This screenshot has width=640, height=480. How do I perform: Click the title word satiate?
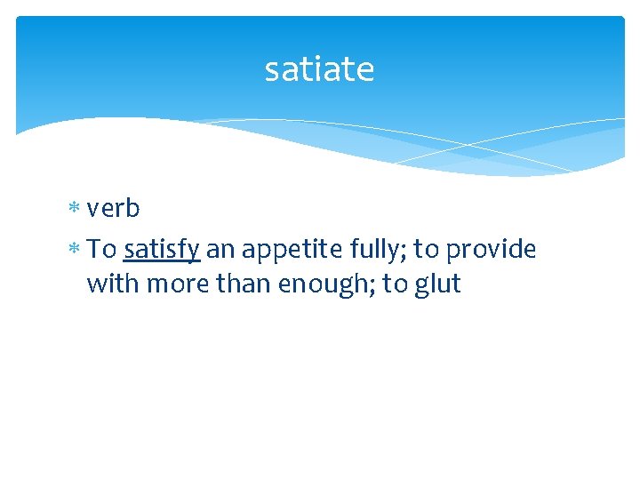319,69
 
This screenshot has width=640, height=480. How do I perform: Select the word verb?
113,209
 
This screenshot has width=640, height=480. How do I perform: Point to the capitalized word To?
102,250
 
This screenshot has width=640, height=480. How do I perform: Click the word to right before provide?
427,251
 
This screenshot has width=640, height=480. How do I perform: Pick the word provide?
492,251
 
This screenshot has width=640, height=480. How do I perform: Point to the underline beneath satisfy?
161,262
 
